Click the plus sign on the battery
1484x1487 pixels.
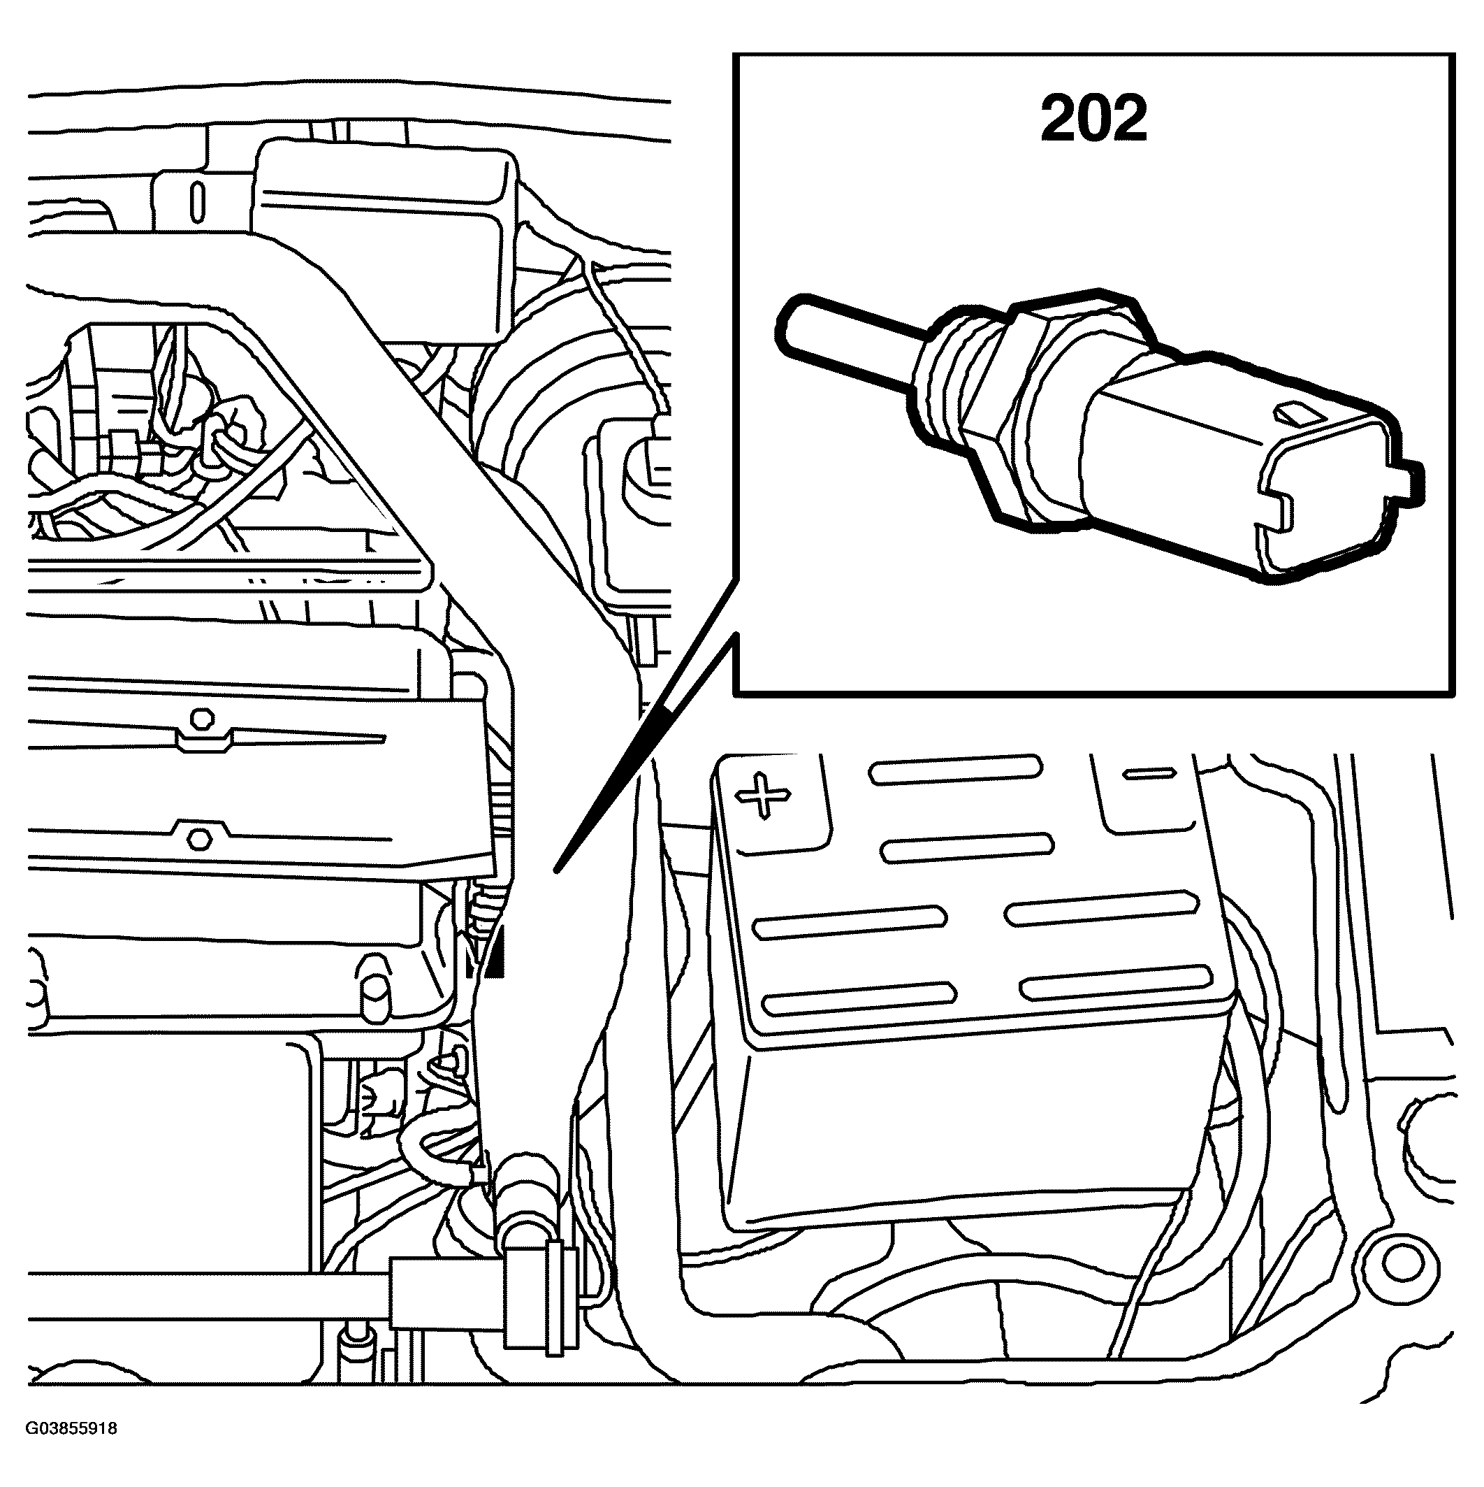tap(762, 794)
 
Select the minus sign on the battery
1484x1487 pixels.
tap(1149, 773)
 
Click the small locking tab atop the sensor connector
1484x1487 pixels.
tap(1292, 413)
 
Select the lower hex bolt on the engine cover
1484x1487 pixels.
tap(199, 838)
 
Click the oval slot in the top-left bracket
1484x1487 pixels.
tap(198, 201)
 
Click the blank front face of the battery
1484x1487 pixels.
tap(961, 1131)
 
